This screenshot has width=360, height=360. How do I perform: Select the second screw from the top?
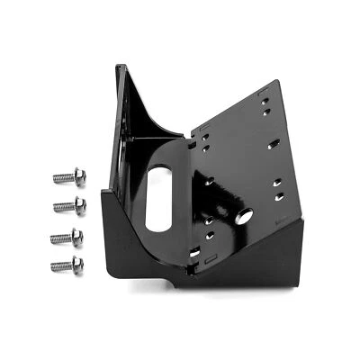tap(70, 206)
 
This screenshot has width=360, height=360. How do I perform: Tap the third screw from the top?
tap(68, 236)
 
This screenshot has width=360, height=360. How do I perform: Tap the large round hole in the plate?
tap(243, 217)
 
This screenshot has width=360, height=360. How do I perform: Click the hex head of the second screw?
tap(80, 205)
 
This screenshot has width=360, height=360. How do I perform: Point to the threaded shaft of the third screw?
tap(61, 237)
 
